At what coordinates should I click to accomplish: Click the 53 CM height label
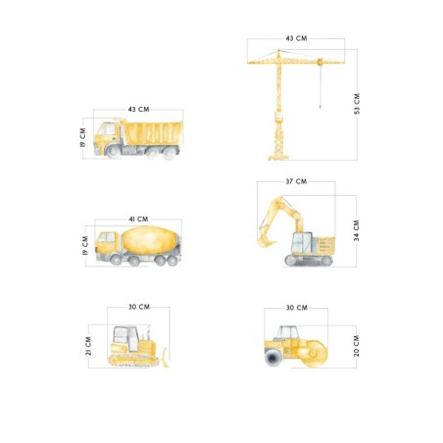tap(357, 104)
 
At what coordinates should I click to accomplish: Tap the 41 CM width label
tap(138, 219)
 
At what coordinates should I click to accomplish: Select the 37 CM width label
tap(296, 181)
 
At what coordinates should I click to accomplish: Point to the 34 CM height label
tap(356, 230)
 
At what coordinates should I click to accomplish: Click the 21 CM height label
tap(88, 346)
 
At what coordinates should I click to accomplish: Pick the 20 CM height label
tap(356, 346)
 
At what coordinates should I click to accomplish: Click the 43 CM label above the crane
tap(296, 38)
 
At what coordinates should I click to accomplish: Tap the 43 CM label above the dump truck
tap(138, 109)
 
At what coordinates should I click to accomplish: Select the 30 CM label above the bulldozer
tap(139, 307)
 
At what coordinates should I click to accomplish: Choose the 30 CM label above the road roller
tap(297, 308)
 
